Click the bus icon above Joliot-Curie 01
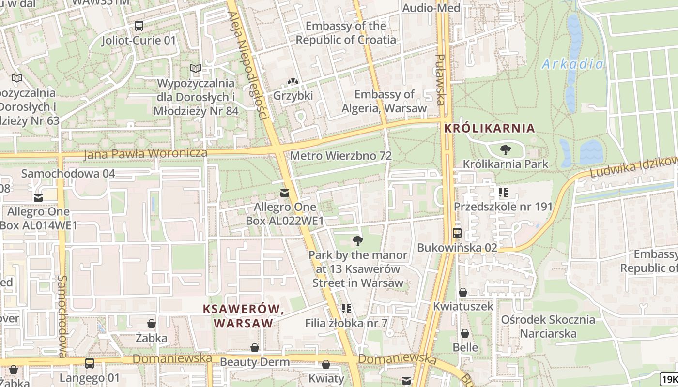click(139, 26)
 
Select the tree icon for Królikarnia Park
click(506, 150)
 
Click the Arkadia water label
click(573, 64)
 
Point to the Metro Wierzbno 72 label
click(340, 156)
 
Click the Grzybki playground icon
click(293, 82)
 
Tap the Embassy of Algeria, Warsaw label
click(385, 101)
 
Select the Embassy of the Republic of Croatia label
click(346, 33)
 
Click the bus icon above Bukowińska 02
click(457, 233)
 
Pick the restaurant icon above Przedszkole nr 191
click(503, 193)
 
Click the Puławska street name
click(440, 80)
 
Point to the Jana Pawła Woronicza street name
click(145, 154)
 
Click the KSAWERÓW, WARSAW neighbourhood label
click(243, 316)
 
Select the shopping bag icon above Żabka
click(152, 324)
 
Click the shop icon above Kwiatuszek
click(463, 292)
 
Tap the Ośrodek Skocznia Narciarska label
click(548, 327)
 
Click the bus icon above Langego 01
click(90, 363)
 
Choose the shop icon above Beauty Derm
click(255, 348)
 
